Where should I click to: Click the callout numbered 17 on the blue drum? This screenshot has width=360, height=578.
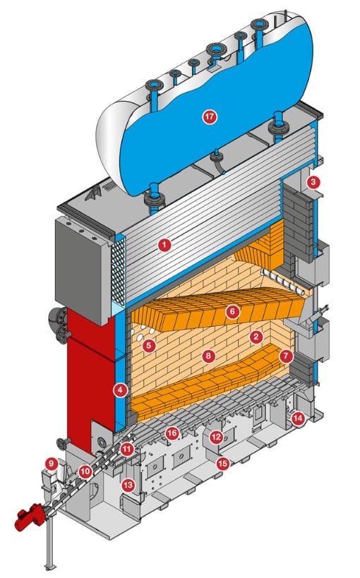(210, 117)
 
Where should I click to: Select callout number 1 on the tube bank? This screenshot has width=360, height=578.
(164, 245)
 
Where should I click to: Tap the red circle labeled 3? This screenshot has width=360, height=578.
(313, 182)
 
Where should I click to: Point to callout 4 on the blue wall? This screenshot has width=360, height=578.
(121, 390)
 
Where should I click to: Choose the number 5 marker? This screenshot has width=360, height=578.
(149, 345)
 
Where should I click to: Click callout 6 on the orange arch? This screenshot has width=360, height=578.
(232, 312)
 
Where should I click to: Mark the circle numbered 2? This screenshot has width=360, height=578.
(256, 336)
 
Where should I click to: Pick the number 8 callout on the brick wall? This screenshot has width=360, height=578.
(209, 356)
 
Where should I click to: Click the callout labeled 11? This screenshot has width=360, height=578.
(127, 450)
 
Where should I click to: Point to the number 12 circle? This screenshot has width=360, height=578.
(216, 437)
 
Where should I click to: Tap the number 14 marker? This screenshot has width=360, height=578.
(298, 418)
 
